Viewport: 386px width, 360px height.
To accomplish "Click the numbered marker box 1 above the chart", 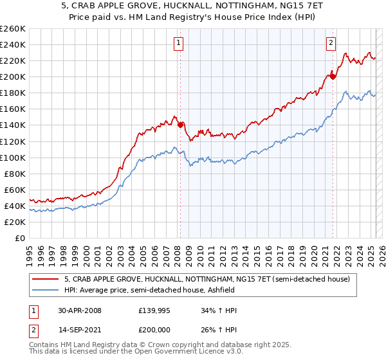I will [x=178, y=43].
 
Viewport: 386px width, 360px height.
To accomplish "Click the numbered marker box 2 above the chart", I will [x=331, y=43].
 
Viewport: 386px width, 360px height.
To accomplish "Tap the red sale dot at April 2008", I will [x=180, y=125].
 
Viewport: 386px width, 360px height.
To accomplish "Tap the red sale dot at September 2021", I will [x=333, y=76].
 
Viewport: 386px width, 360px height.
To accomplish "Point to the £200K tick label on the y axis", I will [x=13, y=76].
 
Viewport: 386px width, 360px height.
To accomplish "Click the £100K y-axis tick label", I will [x=13, y=157].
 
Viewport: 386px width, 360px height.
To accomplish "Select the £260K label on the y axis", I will [x=13, y=29].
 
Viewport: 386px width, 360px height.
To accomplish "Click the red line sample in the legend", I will [x=45, y=279].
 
